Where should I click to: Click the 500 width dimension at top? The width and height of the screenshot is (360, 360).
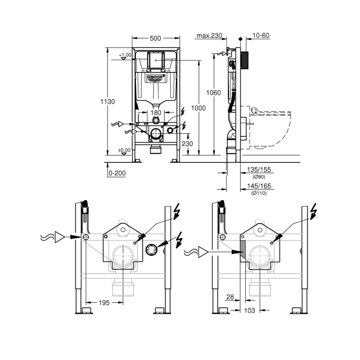(x=155, y=39)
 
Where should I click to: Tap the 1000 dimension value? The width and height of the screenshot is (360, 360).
(x=198, y=108)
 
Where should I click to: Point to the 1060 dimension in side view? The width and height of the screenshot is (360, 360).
(x=214, y=93)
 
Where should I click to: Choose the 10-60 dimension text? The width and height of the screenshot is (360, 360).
(x=261, y=36)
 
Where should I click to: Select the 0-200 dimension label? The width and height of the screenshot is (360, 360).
(x=117, y=173)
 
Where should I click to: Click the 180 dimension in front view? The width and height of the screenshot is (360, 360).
(x=155, y=112)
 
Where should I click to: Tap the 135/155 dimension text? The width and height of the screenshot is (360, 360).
(x=259, y=171)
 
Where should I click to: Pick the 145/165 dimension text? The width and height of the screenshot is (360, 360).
(x=259, y=186)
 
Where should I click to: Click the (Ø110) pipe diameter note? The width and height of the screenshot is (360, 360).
(x=259, y=193)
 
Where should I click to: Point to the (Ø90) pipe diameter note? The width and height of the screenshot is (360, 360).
(x=259, y=177)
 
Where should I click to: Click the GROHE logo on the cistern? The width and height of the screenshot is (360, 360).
(x=156, y=78)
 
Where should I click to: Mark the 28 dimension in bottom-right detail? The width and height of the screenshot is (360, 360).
(x=230, y=297)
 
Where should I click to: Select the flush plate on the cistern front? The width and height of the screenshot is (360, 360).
(x=155, y=60)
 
